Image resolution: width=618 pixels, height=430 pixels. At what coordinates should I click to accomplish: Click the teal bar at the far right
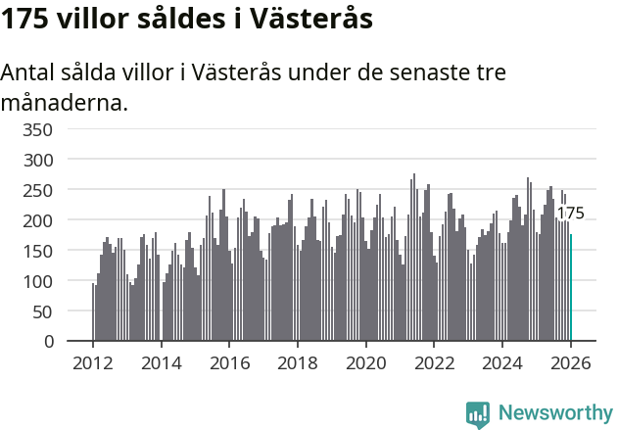571,288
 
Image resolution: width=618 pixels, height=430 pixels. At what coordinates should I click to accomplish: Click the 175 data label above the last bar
570,214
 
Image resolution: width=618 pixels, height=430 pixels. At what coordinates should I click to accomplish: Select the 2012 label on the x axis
93,362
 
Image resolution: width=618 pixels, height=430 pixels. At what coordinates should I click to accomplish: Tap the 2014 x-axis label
162,362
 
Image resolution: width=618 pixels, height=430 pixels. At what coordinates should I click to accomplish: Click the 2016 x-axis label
229,362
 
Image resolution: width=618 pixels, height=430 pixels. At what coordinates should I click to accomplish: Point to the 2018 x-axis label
298,362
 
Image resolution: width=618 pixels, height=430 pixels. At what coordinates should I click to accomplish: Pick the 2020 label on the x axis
365,362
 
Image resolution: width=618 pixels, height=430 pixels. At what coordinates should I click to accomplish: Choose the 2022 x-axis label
434,362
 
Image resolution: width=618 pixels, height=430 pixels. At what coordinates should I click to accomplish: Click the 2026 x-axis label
570,362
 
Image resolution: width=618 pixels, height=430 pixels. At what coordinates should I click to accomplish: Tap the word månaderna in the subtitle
64,102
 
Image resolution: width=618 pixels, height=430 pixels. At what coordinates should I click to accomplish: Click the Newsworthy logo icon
478,414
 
